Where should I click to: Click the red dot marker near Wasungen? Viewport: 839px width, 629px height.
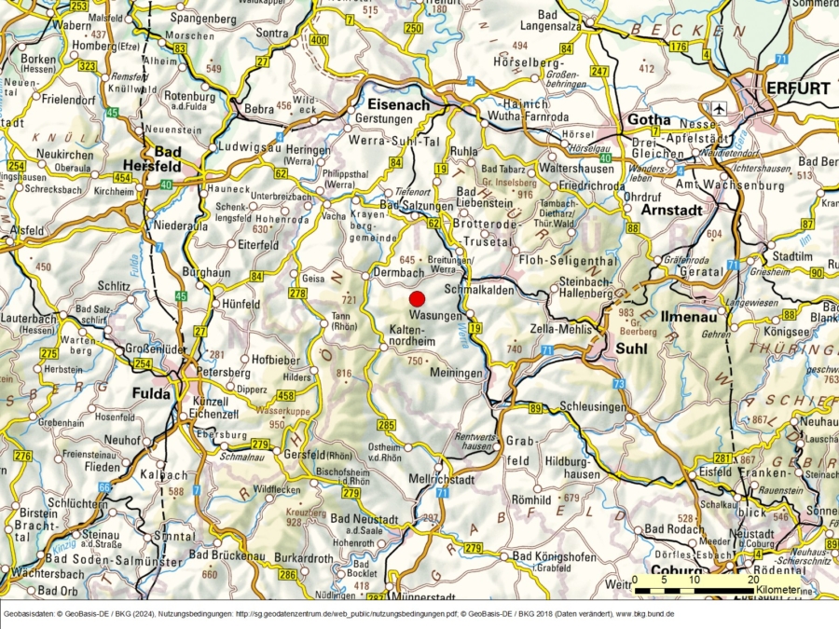[417, 298]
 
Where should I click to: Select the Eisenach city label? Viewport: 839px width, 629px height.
[399, 104]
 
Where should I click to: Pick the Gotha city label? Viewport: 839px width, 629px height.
[649, 120]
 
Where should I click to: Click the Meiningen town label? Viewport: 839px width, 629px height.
[457, 373]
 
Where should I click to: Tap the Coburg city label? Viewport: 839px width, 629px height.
[677, 570]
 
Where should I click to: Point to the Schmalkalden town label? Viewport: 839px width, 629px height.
[481, 291]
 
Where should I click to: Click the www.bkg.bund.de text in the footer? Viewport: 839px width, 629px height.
[644, 615]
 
